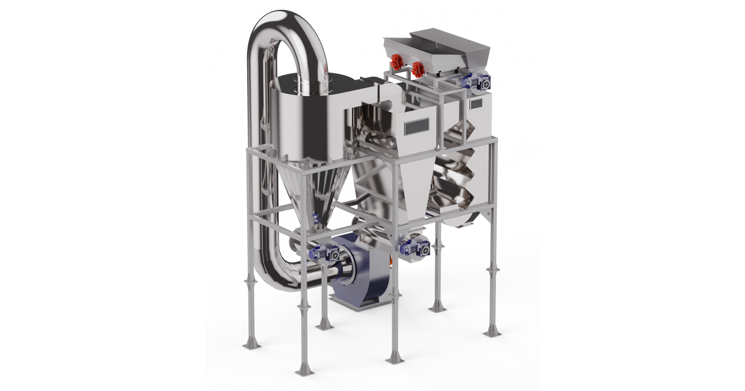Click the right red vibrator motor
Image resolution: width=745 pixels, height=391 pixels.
click(418, 65)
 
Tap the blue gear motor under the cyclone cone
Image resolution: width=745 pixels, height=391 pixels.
click(324, 252)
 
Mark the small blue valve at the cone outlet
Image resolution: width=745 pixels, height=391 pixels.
click(316, 218)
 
